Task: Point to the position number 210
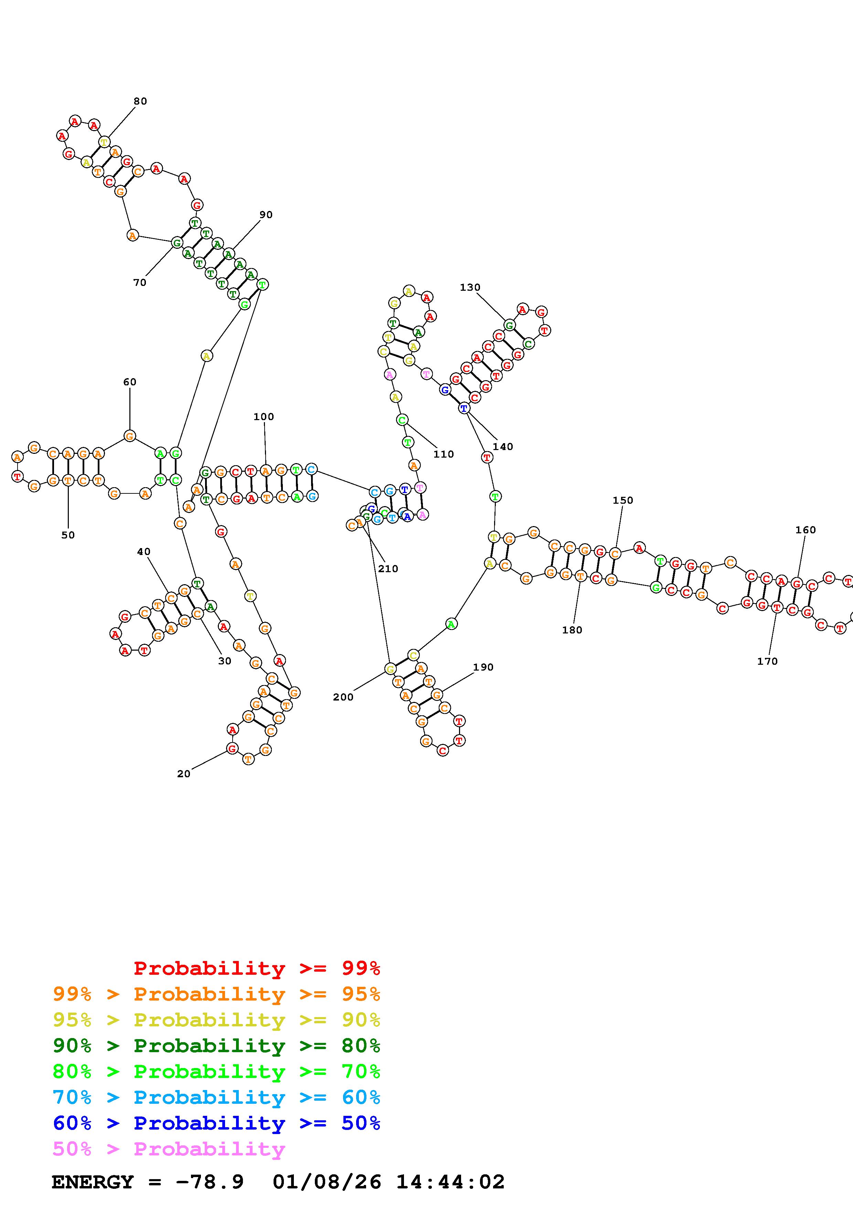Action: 388,569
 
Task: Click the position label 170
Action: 767,661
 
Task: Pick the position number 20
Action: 183,774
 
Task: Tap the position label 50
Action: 68,535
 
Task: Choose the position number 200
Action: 343,697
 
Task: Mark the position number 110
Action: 443,454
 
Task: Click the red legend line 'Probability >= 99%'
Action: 256,968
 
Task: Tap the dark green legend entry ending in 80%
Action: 216,1046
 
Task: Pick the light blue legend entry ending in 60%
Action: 216,1098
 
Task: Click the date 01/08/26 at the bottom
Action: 327,1182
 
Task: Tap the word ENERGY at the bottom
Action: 93,1182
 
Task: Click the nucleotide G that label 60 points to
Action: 129,436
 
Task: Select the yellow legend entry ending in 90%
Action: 216,1020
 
